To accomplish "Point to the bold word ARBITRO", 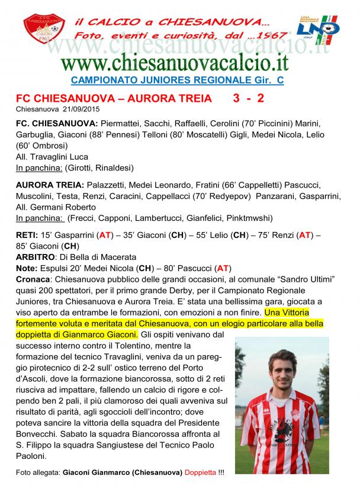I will (34, 257).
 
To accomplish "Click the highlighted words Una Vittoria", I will (287, 312).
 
